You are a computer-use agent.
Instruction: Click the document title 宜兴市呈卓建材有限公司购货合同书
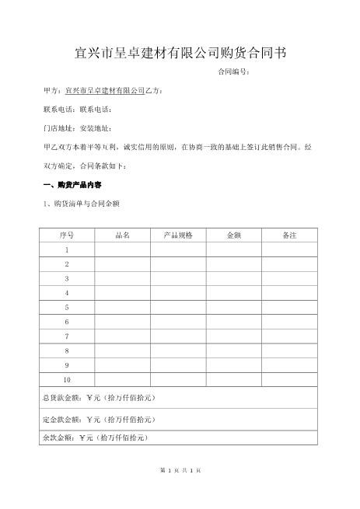(179, 53)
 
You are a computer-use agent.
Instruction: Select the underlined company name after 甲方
(106, 91)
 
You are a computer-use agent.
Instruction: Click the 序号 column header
(66, 235)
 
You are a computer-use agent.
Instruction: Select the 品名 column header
(122, 235)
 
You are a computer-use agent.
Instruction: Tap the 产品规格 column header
(178, 235)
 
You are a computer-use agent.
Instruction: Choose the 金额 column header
(233, 235)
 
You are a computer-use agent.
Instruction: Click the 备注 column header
(289, 235)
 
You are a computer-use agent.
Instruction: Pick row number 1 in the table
(66, 249)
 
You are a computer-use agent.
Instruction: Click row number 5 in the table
(66, 307)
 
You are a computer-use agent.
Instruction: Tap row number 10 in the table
(66, 379)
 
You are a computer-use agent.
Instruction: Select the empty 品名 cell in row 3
(122, 278)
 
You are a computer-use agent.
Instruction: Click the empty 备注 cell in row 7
(289, 336)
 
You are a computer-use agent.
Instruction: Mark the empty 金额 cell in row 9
(233, 364)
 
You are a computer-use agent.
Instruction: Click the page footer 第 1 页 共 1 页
(180, 471)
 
